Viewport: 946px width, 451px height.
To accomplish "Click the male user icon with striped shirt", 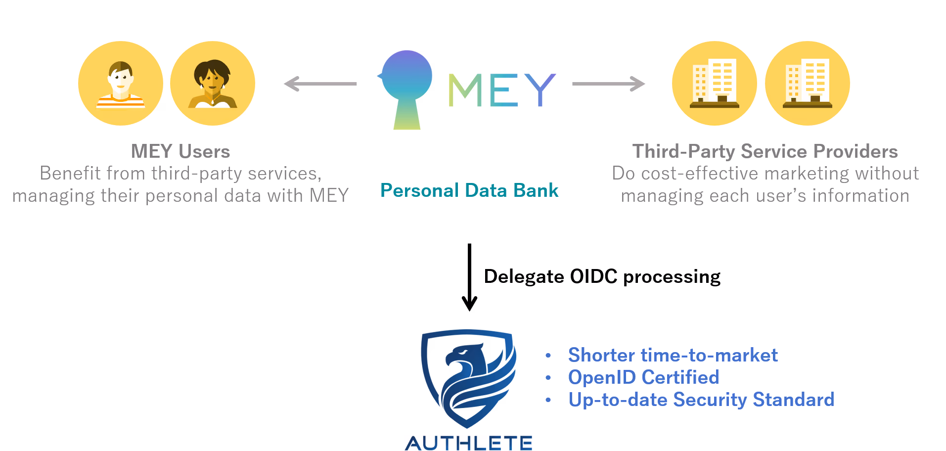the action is pos(121,83).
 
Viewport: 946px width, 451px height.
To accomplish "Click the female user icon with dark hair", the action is pos(213,83).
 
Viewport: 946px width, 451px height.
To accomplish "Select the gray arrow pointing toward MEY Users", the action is pos(320,84).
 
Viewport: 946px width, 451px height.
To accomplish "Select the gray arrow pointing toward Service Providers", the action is pos(609,84).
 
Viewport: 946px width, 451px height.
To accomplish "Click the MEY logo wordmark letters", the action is pos(502,90).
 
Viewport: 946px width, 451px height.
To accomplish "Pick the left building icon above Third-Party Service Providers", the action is pos(715,83).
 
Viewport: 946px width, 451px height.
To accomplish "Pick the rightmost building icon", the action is pos(808,83).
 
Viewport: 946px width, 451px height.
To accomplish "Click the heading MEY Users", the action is pos(180,151).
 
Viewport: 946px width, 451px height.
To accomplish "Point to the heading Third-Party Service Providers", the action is pos(765,151).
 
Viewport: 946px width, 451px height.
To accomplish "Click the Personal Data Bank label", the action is pos(469,190).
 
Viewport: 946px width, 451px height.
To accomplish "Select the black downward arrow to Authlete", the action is pos(469,277).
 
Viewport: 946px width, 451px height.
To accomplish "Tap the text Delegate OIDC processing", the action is pos(602,276).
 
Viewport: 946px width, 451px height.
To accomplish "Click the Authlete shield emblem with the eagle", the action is pos(468,379).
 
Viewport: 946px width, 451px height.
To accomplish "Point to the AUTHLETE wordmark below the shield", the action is pos(469,443).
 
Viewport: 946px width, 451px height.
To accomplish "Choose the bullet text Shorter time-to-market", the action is pos(673,355).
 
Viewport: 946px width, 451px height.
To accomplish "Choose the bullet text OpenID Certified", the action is pos(644,377).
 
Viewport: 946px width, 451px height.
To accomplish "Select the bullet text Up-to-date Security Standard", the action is pos(701,400).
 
